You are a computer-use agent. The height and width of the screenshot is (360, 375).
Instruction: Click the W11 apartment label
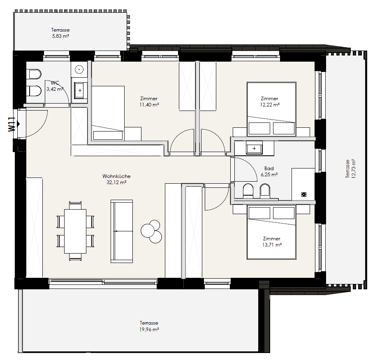tap(12, 124)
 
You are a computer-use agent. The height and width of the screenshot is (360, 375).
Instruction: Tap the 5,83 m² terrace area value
tap(60, 36)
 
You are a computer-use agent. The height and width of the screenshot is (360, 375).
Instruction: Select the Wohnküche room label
tap(116, 176)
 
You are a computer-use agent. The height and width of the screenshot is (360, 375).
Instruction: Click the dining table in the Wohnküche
tap(75, 231)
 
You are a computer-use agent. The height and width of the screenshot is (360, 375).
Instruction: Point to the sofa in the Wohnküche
tap(121, 231)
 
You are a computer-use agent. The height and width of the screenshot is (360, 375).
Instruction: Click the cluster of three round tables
tap(151, 231)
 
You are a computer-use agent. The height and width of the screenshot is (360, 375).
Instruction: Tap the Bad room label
tap(269, 168)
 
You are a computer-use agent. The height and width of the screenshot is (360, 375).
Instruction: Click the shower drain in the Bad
tap(304, 194)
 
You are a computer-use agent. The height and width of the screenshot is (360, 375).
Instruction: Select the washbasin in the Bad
tap(254, 148)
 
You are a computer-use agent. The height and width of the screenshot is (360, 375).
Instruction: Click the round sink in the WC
tap(79, 69)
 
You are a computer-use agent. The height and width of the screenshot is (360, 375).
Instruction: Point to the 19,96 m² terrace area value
tap(149, 330)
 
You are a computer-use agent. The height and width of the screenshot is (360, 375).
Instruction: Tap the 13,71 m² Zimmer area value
tap(272, 245)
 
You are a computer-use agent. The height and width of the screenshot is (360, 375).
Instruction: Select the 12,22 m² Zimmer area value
tap(270, 105)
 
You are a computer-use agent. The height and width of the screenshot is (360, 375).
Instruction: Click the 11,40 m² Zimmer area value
tap(149, 105)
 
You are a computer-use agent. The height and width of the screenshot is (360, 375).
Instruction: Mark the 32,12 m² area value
tap(116, 182)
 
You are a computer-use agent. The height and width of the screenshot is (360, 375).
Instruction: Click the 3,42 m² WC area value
tap(55, 89)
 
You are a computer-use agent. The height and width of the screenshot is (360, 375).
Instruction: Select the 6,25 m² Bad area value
tap(269, 175)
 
